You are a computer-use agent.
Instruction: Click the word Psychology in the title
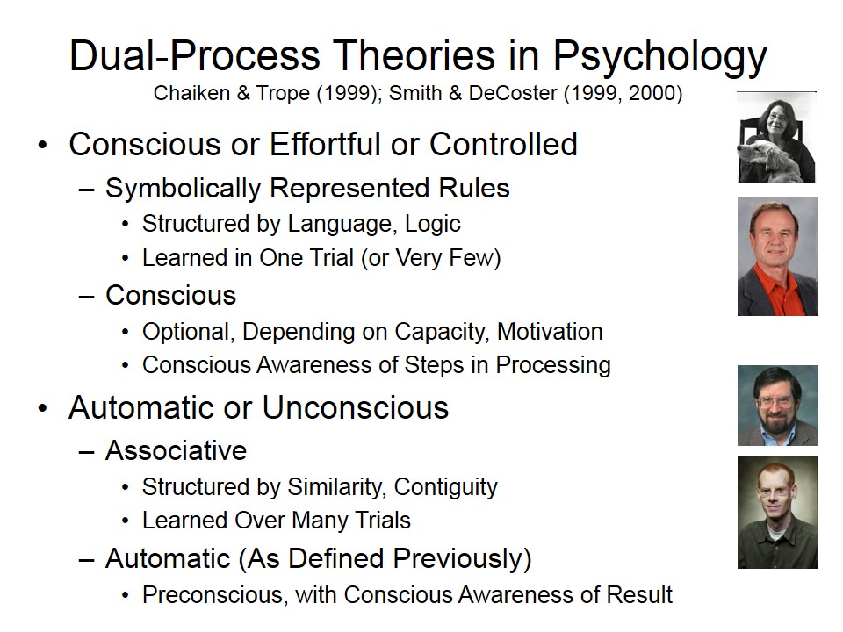coord(660,56)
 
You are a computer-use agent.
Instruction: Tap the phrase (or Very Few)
coord(431,258)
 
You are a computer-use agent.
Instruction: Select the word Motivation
coord(550,332)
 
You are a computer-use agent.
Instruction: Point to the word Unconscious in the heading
coord(356,407)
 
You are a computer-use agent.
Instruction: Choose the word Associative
coord(177,450)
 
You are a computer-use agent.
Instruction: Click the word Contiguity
coord(446,487)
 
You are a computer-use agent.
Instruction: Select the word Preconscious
coord(213,595)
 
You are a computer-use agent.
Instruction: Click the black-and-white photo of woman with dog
coord(777,137)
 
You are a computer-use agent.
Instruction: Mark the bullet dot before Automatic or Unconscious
coord(43,408)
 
